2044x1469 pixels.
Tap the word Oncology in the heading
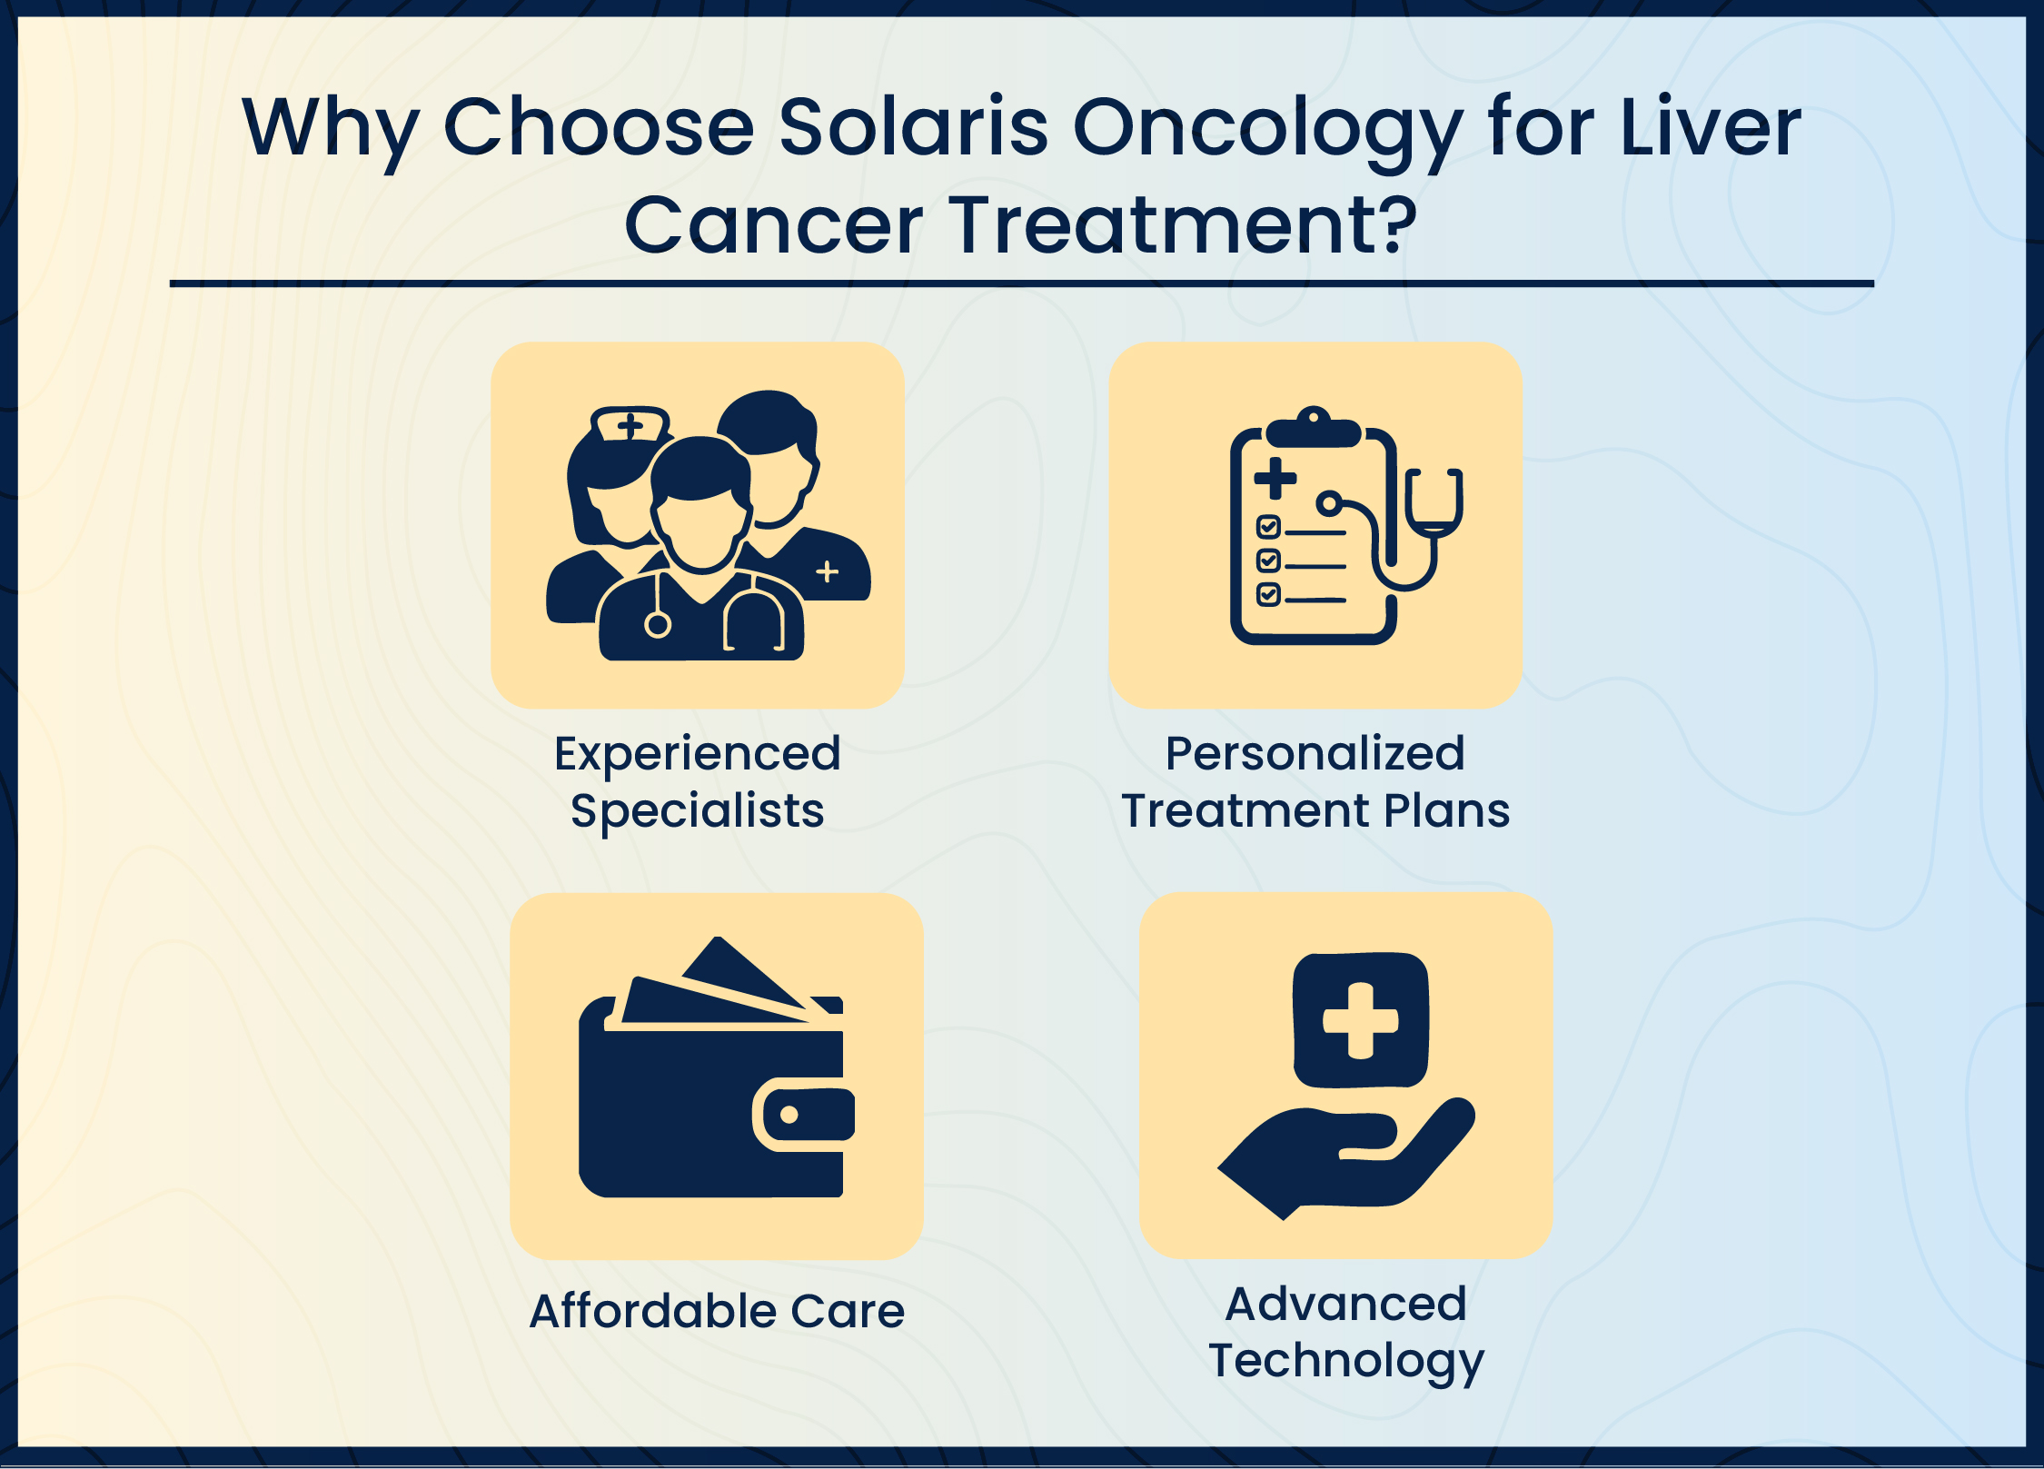[1267, 129]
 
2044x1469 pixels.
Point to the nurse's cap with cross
[630, 424]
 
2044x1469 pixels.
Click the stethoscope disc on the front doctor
[658, 624]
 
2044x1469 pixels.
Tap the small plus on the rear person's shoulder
[827, 571]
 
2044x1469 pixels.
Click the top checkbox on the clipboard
[1268, 526]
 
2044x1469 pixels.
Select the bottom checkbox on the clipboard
[1268, 594]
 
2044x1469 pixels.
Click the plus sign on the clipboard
[1275, 479]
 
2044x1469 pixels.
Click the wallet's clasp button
[789, 1114]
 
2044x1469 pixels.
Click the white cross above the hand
[1360, 1020]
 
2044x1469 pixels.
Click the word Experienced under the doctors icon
[697, 754]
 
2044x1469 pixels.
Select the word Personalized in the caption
[1315, 753]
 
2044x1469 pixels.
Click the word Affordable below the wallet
[653, 1311]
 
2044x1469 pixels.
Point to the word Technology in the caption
[1345, 1361]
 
